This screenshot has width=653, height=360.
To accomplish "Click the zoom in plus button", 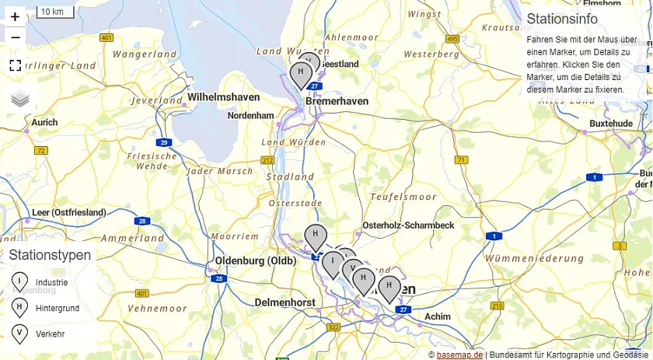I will pos(15,16).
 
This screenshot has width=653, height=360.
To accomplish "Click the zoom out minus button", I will pos(15,37).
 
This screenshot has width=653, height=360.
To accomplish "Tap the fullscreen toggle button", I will pos(15,65).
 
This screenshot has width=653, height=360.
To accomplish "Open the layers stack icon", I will pos(20,99).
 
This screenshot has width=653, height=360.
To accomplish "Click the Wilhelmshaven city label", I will pos(223,97).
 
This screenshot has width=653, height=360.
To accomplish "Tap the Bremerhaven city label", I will pos(337,102).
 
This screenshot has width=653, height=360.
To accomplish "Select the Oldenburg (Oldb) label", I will pos(256,260).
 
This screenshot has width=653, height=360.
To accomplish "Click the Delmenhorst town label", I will pos(285,302).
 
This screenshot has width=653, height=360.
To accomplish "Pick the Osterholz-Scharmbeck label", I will pos(407,225).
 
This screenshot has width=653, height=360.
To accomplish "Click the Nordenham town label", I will pos(250,116).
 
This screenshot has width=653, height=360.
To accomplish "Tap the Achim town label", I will pos(438,316).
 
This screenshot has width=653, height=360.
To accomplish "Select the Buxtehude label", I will pos(611,124).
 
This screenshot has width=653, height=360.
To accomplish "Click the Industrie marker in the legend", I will pos(19,281).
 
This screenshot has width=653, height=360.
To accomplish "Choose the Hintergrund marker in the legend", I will pos(19,307).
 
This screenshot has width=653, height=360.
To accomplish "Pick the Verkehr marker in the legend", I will pos(19,333).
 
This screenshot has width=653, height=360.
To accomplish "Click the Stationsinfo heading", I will pos(562,19).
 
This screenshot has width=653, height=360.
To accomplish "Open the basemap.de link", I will pos(459,355).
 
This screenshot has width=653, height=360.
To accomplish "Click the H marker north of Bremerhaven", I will pos(300,74).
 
